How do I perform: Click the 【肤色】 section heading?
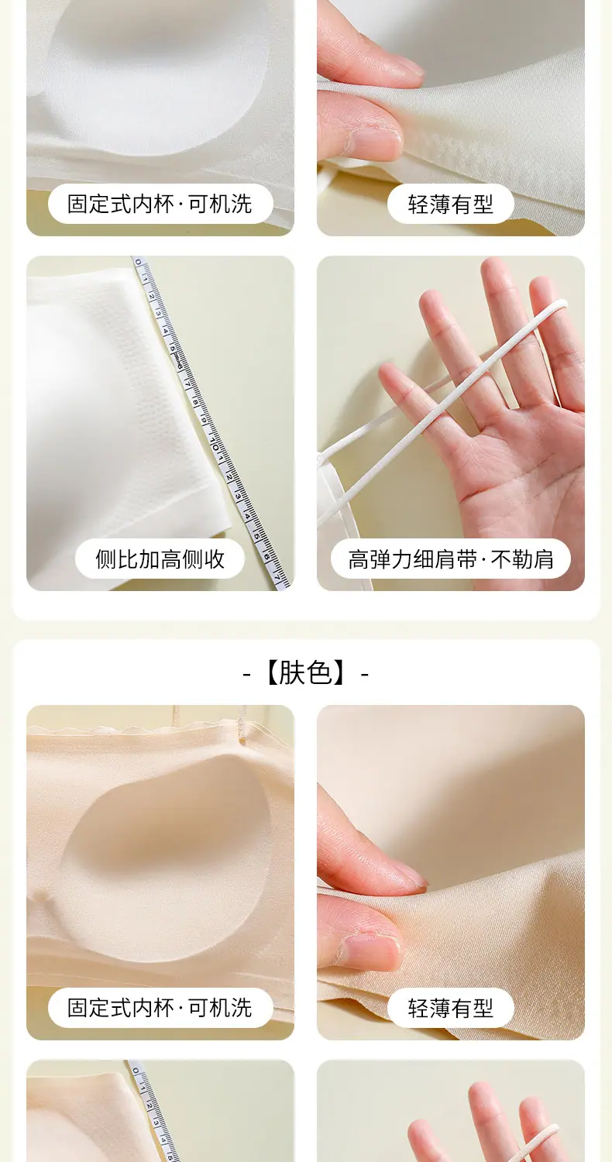click(x=306, y=673)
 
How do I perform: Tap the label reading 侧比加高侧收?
click(x=160, y=559)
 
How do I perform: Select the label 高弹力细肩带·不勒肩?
click(x=451, y=559)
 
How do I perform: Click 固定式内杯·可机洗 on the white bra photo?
click(x=160, y=204)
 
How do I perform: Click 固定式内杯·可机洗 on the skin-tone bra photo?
click(x=160, y=1008)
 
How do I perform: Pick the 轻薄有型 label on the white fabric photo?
click(x=451, y=204)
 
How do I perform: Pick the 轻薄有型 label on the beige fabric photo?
click(x=451, y=1008)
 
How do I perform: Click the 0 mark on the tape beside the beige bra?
click(x=136, y=1072)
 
